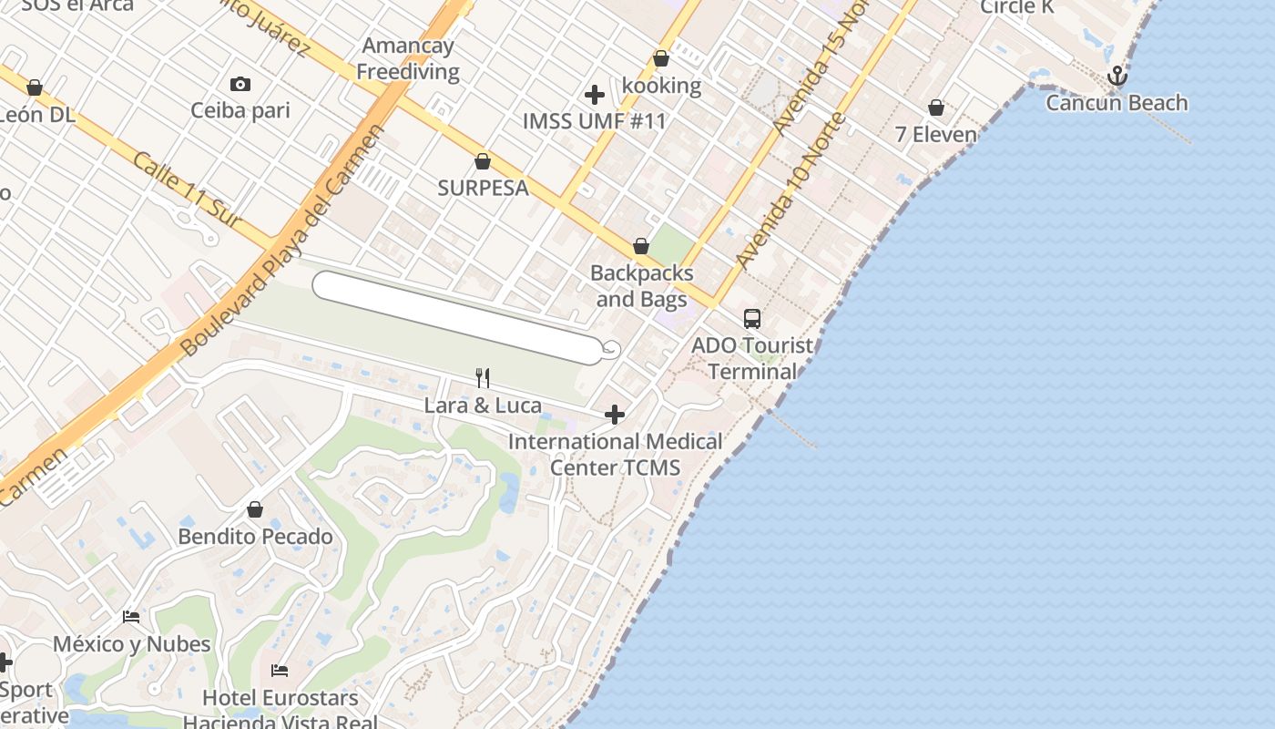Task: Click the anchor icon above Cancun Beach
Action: (1117, 77)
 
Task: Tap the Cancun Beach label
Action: (1117, 103)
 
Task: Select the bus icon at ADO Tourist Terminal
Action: (752, 319)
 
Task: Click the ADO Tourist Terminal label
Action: (752, 358)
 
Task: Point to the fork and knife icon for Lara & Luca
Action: (483, 377)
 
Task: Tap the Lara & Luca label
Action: (483, 406)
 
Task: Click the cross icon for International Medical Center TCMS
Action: (615, 416)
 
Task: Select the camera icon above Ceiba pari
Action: (240, 85)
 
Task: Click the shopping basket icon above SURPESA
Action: (483, 162)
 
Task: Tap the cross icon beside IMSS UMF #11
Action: (595, 95)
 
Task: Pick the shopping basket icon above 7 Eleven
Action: (935, 108)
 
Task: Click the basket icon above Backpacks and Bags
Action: (641, 247)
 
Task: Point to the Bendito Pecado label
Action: (255, 536)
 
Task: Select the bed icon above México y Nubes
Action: (131, 617)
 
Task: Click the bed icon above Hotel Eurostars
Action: (280, 671)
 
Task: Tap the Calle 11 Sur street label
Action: (187, 190)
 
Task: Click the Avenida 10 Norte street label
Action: (790, 192)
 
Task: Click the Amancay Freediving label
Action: (407, 58)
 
